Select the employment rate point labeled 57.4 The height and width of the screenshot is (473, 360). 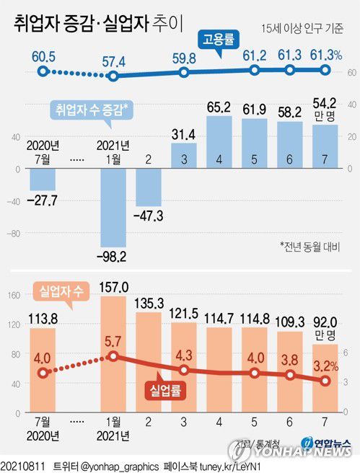pos(114,75)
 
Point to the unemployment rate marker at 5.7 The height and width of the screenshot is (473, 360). pos(114,356)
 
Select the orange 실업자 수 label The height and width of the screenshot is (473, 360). pos(62,293)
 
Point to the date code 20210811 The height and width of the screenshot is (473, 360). pos(24,466)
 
